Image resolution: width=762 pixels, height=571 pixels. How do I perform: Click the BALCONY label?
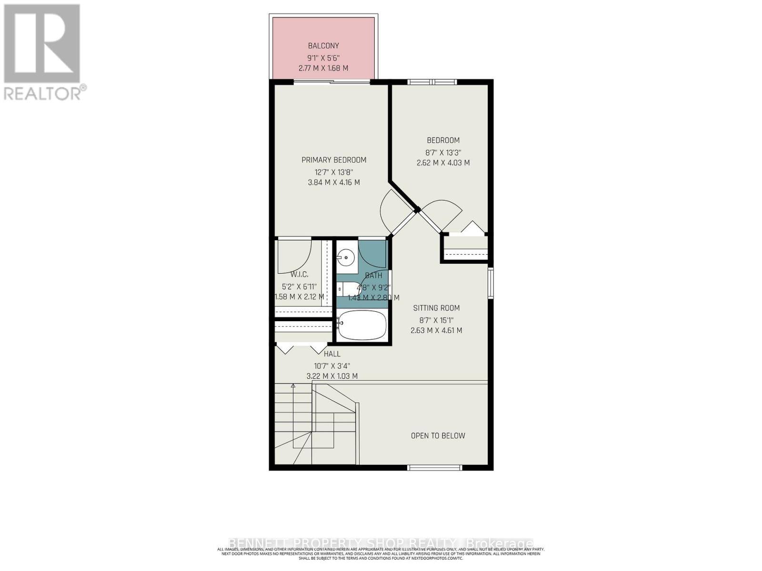pos(323,46)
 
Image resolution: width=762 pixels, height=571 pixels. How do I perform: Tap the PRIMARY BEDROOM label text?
pos(334,160)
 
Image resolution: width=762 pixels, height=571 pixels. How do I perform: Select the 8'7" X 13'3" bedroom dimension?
pos(443,153)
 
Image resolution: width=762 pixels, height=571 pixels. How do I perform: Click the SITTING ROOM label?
pos(436,308)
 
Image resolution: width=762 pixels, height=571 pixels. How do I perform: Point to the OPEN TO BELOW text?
pos(438,435)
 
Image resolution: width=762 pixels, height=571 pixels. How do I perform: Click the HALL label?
pos(332,354)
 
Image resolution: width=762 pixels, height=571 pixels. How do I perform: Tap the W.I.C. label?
pos(299,275)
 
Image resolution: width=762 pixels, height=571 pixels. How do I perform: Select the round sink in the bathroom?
pos(346,259)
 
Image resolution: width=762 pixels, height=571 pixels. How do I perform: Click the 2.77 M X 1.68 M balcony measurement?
pos(323,68)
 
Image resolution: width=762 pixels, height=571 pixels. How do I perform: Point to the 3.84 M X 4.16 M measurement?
pos(334,182)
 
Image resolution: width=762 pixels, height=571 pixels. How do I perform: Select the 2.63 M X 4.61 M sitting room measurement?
pos(436,330)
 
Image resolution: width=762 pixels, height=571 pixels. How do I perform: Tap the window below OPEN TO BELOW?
pos(435,468)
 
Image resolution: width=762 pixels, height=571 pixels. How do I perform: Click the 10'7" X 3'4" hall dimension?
pos(332,366)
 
